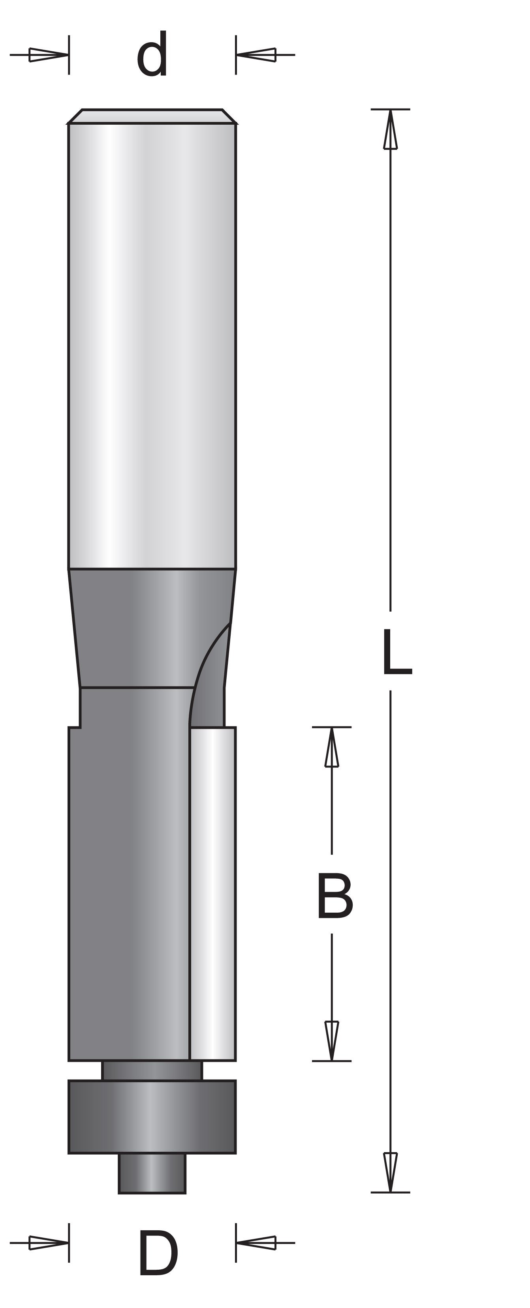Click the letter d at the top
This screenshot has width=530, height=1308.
tap(152, 55)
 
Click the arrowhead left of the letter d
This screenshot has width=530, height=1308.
tap(48, 55)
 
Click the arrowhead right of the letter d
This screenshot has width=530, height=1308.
tap(256, 55)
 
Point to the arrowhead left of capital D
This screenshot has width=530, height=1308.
tap(48, 1243)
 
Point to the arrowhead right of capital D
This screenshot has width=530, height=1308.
tap(256, 1243)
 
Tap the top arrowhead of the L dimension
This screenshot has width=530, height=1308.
tap(390, 130)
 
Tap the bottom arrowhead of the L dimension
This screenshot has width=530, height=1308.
tap(390, 1171)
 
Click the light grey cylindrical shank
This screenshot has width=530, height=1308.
tap(152, 345)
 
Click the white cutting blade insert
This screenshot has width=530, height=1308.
tap(213, 894)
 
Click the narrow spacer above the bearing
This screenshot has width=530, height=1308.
tap(152, 1070)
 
